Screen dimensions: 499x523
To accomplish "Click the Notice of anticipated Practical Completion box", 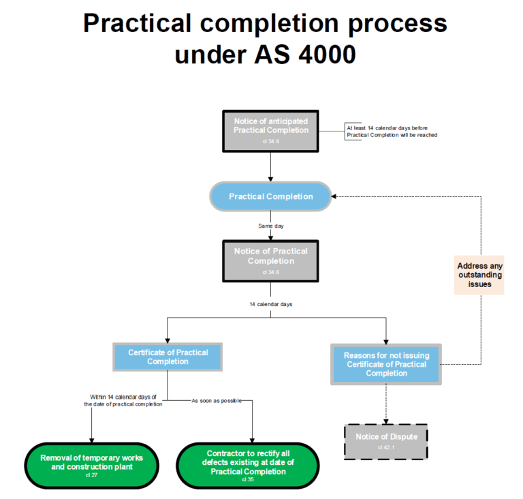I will pos(271,129).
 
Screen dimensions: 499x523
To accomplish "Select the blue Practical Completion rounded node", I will pos(271,196).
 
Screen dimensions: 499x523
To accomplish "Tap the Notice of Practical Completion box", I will pos(271,260).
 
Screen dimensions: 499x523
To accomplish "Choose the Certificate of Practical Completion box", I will pos(168,357).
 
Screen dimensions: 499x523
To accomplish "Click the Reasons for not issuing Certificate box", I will pos(386,364).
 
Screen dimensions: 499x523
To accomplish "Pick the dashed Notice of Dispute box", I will pos(385,441).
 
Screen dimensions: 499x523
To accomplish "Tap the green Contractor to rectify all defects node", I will pos(248,466).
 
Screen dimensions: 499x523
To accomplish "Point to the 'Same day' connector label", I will pos(271,226).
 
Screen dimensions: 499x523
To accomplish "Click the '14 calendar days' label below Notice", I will pos(271,304).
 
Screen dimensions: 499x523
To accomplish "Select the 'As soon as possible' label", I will pos(217,400).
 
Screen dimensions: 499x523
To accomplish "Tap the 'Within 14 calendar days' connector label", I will pos(123,400).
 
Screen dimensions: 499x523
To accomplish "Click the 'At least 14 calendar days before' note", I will pos(392,131).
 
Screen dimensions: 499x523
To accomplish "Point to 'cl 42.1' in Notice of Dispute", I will pos(385,448).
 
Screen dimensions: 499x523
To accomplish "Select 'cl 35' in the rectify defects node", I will pos(248,479).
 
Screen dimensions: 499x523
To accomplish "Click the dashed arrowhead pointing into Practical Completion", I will pos(336,196).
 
